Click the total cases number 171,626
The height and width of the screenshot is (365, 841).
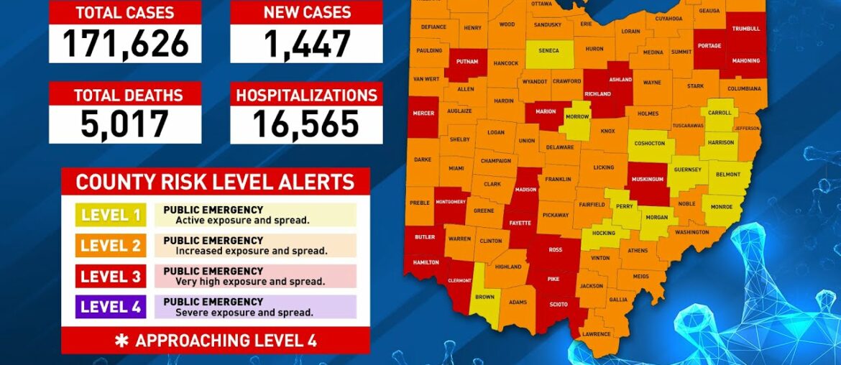coord(125,43)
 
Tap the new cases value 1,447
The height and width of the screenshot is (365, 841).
coord(306,43)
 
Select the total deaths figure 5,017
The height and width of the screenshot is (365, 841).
coord(125,124)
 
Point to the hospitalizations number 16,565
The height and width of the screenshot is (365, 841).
coord(306,124)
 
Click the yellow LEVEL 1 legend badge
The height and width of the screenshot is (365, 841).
coord(111,215)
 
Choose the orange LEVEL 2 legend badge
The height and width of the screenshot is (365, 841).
coord(111,246)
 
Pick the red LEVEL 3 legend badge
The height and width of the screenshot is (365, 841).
coord(111,277)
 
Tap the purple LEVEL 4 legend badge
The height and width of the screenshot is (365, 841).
coord(111,307)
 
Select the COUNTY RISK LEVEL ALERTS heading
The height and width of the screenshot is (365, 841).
coord(215,182)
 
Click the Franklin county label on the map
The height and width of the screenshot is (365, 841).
coord(558,179)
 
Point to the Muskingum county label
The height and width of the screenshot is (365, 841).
coord(647,179)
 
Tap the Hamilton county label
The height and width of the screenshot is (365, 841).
coord(426,262)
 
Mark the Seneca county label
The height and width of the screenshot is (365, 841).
coord(549,50)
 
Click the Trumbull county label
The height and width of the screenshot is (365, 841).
coord(745,29)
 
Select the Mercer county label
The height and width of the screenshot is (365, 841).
coord(424,113)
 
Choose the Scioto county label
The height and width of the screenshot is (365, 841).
coord(559,304)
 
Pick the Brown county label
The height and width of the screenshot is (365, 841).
coord(484,297)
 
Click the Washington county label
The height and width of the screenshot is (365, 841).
coord(691,232)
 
